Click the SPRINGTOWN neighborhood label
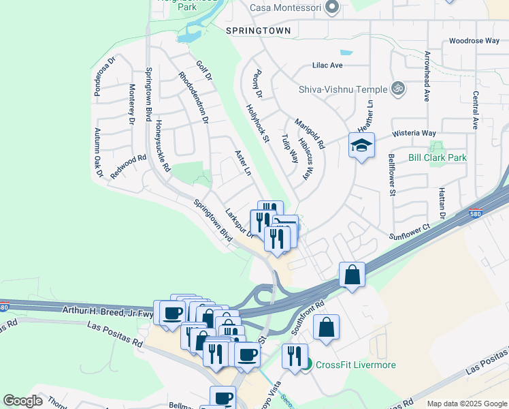(259, 31)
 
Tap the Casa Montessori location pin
(332, 7)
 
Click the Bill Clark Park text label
(437, 157)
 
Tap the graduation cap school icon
(362, 145)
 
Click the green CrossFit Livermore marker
(307, 365)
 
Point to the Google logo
(22, 401)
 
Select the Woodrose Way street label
(474, 41)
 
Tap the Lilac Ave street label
(327, 65)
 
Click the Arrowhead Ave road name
(428, 76)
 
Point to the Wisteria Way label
(413, 134)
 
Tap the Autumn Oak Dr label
(98, 153)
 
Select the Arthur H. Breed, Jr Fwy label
(113, 314)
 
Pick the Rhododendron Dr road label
(192, 98)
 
